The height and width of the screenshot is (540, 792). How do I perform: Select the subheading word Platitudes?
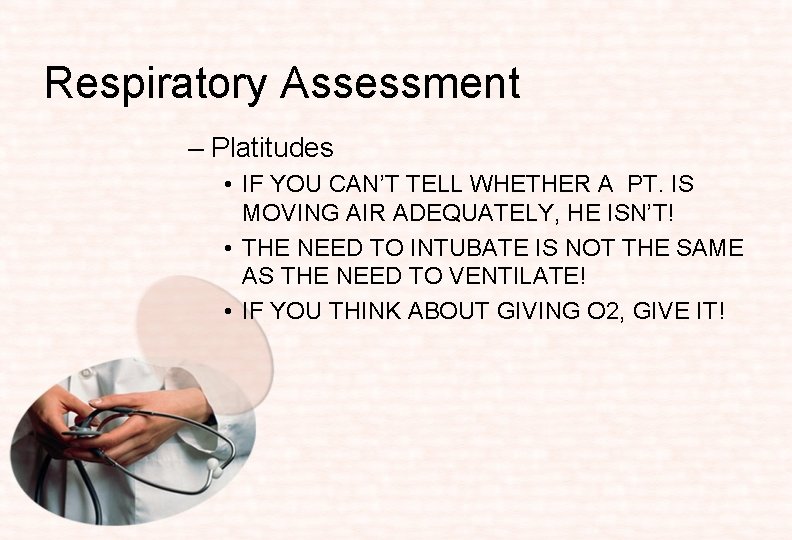coord(272,148)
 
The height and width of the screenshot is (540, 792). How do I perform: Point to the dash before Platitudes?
coord(195,149)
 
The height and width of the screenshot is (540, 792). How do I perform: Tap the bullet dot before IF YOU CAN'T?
coord(229,186)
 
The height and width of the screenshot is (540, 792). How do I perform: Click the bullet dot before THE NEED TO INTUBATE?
coord(229,249)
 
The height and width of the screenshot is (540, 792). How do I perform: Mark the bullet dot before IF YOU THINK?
coord(229,312)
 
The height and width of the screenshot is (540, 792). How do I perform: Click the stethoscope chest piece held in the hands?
coord(84,432)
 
